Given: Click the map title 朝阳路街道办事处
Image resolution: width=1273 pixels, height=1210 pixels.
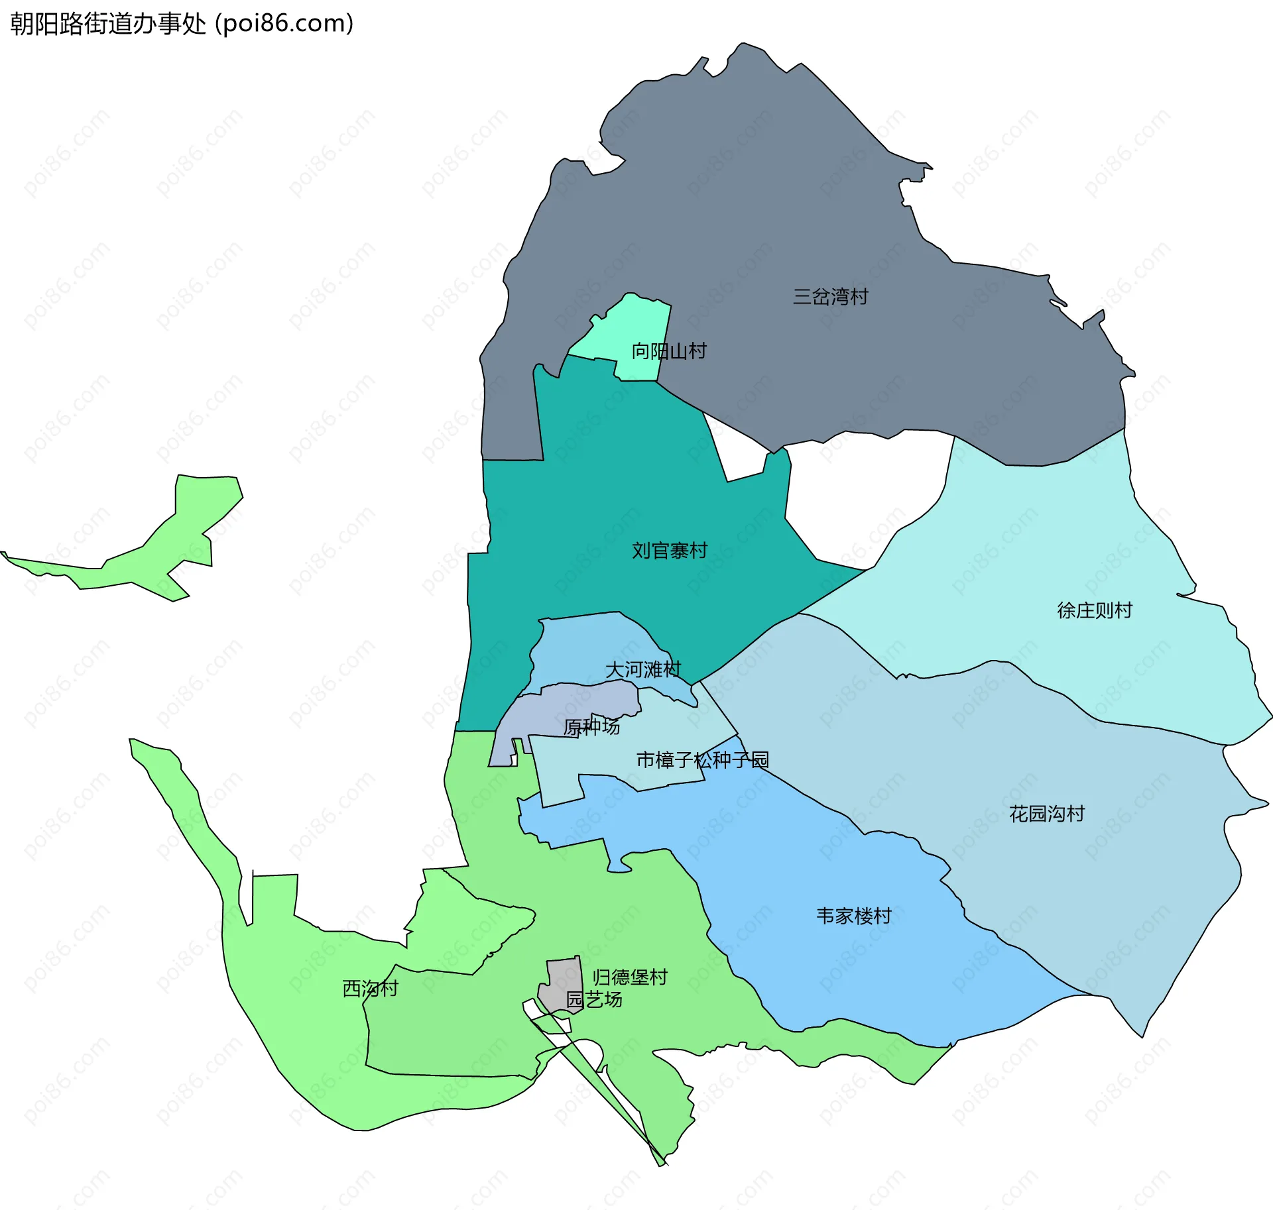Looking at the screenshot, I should click(108, 24).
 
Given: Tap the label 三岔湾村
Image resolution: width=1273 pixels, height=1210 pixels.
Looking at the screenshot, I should click(830, 296).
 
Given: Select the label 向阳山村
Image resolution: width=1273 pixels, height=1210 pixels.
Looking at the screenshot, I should click(668, 351).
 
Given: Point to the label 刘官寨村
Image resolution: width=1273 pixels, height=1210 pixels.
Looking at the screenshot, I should click(669, 550).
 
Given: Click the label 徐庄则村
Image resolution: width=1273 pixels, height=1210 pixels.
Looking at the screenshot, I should click(1094, 610).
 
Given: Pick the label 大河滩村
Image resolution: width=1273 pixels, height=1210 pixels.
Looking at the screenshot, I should click(642, 669).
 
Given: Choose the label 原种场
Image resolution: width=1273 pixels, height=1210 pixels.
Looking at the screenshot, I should click(591, 727).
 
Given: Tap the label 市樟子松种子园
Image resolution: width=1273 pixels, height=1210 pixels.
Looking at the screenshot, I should click(702, 759).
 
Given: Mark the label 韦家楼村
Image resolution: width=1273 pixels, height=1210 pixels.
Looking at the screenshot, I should click(853, 916).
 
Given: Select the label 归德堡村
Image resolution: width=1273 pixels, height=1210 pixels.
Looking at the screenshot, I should click(629, 977).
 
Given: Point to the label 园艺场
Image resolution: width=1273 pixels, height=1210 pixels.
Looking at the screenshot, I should click(594, 999).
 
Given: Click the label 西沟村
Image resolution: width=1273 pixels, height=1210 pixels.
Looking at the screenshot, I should click(370, 988).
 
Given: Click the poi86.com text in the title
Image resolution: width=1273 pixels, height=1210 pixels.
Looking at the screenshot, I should click(285, 24).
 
